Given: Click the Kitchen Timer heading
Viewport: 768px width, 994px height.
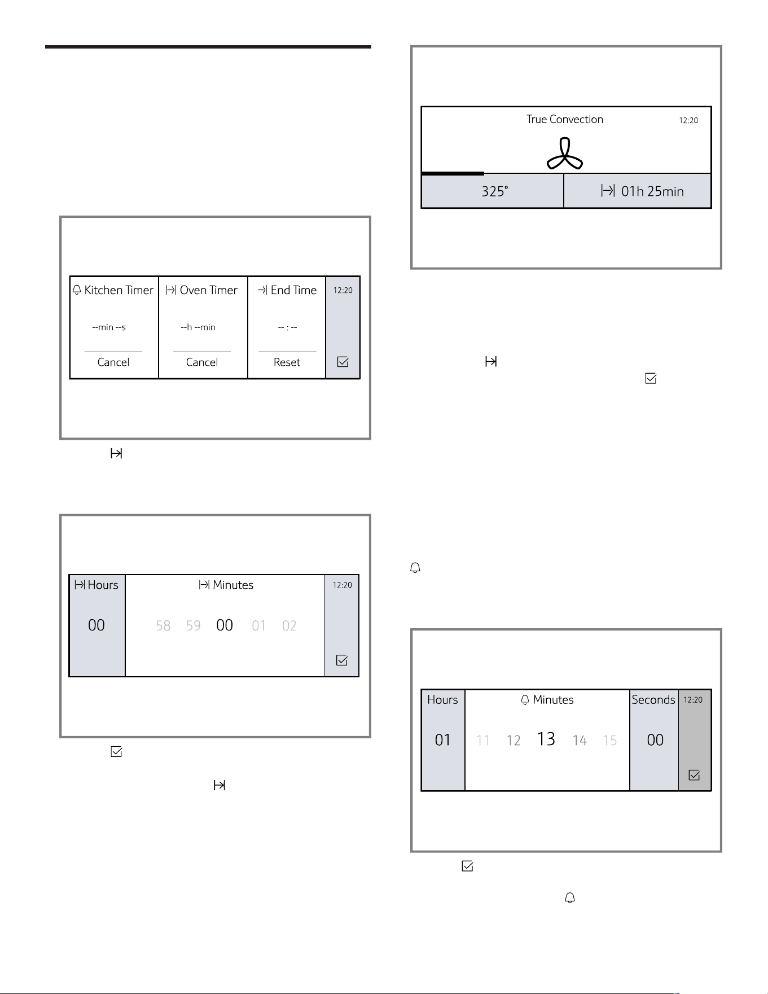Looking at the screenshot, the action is (113, 290).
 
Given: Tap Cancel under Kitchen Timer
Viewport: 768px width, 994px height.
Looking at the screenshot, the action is (113, 362).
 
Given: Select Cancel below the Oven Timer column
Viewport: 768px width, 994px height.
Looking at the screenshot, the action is (202, 362).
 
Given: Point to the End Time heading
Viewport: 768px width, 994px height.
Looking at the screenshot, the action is (288, 290).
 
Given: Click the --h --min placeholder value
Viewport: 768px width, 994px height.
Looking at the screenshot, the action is (198, 327).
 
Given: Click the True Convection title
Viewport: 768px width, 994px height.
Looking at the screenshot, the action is (565, 119).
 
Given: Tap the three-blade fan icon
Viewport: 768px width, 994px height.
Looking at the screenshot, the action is (565, 154).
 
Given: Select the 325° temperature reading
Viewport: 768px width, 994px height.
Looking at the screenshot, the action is (495, 191).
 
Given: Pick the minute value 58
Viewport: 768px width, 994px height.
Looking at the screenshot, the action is (163, 626).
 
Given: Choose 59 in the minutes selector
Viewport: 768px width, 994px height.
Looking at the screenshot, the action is (194, 626).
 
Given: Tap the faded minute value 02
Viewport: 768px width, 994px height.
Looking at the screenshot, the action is (289, 626).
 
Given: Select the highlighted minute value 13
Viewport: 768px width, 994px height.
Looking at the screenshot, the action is (546, 739).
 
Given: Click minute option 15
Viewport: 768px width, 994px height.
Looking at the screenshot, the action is (610, 741).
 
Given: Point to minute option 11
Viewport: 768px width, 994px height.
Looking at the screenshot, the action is (483, 741).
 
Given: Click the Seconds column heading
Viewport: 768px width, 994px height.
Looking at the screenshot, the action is (653, 700).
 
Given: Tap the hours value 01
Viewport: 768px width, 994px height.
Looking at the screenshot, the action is (443, 740).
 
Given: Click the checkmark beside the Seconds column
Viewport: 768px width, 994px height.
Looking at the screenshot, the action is (695, 776).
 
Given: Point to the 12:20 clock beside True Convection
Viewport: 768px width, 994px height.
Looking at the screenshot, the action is (688, 120).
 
